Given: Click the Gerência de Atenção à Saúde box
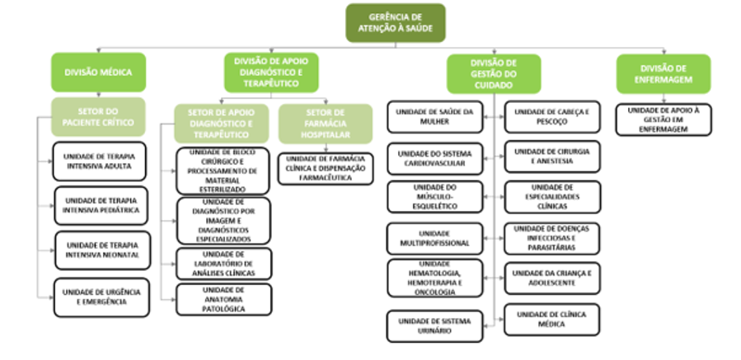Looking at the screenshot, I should click(395, 23).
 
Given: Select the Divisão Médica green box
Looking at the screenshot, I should click(98, 72).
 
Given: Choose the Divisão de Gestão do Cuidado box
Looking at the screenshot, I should click(494, 73).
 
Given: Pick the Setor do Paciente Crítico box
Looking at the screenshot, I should click(98, 117).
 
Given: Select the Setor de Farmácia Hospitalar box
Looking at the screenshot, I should click(314, 123).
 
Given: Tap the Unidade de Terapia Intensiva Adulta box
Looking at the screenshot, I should click(102, 161).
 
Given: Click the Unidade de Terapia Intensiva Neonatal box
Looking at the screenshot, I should click(102, 250).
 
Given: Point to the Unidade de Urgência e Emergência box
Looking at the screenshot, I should click(102, 297).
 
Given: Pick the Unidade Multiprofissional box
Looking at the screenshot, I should click(435, 239).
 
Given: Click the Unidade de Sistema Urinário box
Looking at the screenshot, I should click(435, 325).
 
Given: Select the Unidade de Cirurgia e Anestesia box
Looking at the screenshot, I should click(552, 157).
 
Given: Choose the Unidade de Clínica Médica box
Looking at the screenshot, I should click(552, 319).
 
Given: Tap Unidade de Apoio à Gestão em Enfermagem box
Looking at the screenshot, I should click(663, 119).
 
